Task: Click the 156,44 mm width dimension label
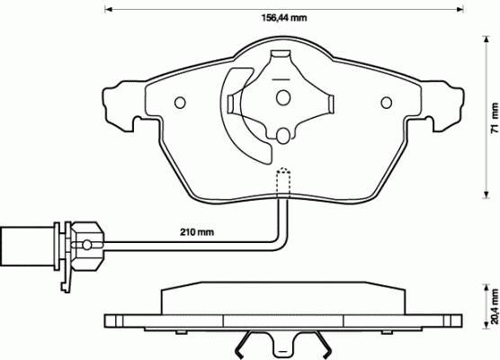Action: click(284, 18)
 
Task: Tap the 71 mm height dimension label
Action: click(494, 118)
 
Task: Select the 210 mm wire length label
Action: click(196, 232)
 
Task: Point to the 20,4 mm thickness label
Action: click(495, 306)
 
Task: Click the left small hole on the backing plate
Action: click(180, 103)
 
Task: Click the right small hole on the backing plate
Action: click(387, 103)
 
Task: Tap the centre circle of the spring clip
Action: click(283, 98)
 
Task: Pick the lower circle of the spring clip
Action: click(283, 136)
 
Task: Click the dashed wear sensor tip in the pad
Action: click(283, 181)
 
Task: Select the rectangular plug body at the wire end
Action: click(28, 246)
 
